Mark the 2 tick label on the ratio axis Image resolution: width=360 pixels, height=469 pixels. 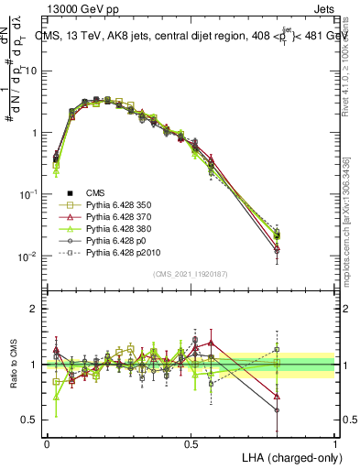click(34, 309)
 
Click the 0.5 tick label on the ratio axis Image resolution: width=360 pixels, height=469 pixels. click(30, 420)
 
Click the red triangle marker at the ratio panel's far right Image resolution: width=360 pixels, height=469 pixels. click(278, 398)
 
